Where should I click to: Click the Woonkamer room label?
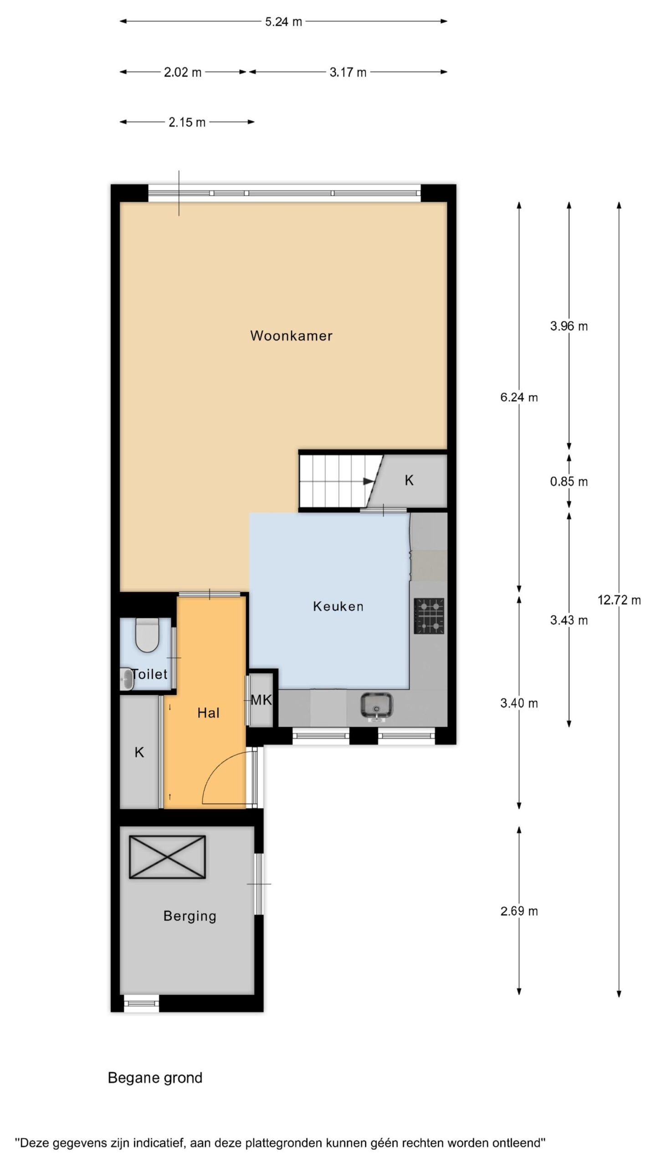point(291,336)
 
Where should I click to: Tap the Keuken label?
point(338,606)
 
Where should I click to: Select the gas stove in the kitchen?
point(429,616)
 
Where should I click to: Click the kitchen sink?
point(377,707)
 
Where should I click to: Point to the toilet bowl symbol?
point(147,635)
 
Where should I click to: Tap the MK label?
point(261,700)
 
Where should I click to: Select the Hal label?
point(208,713)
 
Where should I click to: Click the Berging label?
point(190,916)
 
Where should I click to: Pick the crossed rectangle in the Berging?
point(167,857)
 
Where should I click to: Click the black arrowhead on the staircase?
point(369,480)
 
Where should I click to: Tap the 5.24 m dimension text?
point(283,21)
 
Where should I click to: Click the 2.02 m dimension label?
point(183,72)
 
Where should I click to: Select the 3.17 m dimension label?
point(348,72)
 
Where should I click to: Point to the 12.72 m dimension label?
point(619,600)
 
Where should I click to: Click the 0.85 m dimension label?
point(569,481)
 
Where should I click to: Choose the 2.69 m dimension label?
point(519,911)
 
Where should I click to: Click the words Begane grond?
point(155,1078)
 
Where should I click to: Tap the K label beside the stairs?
point(409,480)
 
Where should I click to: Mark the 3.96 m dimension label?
point(569,326)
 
